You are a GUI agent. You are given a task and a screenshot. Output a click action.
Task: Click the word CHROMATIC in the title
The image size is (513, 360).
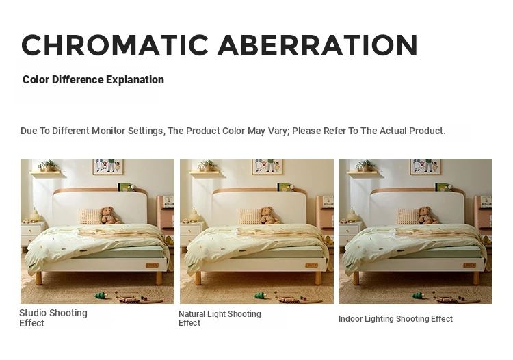[115, 45]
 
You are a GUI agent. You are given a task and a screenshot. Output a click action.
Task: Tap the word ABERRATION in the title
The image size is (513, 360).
[317, 45]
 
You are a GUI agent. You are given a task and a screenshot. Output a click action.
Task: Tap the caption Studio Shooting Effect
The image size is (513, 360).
[53, 318]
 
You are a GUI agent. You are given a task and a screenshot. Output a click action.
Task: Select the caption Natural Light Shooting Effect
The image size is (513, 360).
[220, 318]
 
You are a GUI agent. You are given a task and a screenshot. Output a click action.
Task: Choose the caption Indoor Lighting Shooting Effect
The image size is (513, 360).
[395, 319]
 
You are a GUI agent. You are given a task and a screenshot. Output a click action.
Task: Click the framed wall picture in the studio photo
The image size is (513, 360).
[108, 166]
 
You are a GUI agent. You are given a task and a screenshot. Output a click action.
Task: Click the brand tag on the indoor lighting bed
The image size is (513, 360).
[470, 265]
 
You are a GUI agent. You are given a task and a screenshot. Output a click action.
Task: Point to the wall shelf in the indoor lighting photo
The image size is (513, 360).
[365, 173]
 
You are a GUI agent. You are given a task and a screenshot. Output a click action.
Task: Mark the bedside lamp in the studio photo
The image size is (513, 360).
[35, 216]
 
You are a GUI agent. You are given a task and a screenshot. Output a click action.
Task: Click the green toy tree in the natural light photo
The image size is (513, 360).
[261, 295]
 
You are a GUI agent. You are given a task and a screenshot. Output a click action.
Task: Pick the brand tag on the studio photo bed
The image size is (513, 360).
[152, 265]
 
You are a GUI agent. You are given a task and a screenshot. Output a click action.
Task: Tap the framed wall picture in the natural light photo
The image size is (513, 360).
[267, 166]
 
